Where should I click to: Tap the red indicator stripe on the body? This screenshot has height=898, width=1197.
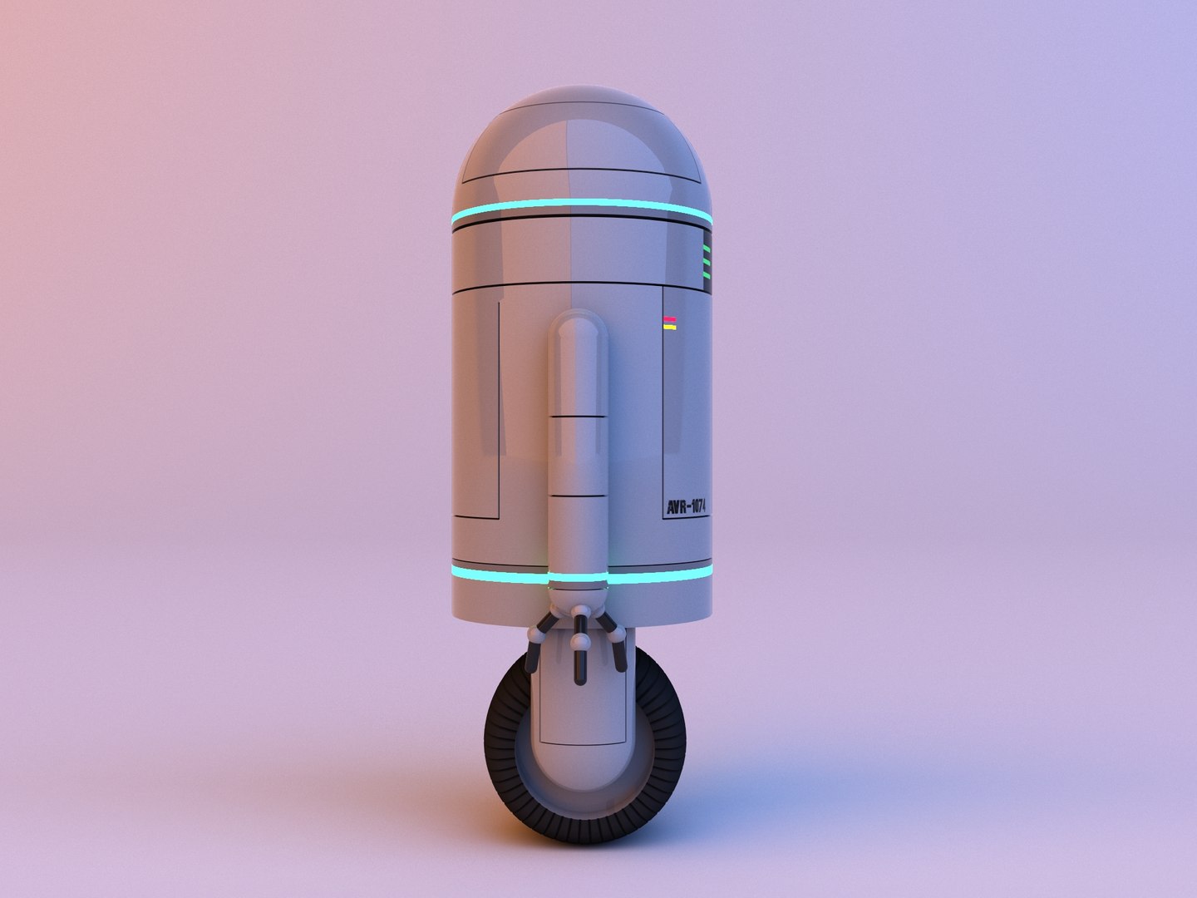coord(669,318)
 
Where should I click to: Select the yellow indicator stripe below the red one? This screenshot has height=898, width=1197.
coord(669,328)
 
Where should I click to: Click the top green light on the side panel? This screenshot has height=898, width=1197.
coord(707,247)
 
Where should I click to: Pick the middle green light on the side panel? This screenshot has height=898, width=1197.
coord(707,260)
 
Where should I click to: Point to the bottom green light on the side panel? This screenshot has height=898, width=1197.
coord(707,274)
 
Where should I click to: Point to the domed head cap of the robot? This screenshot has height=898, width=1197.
coord(582,141)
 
